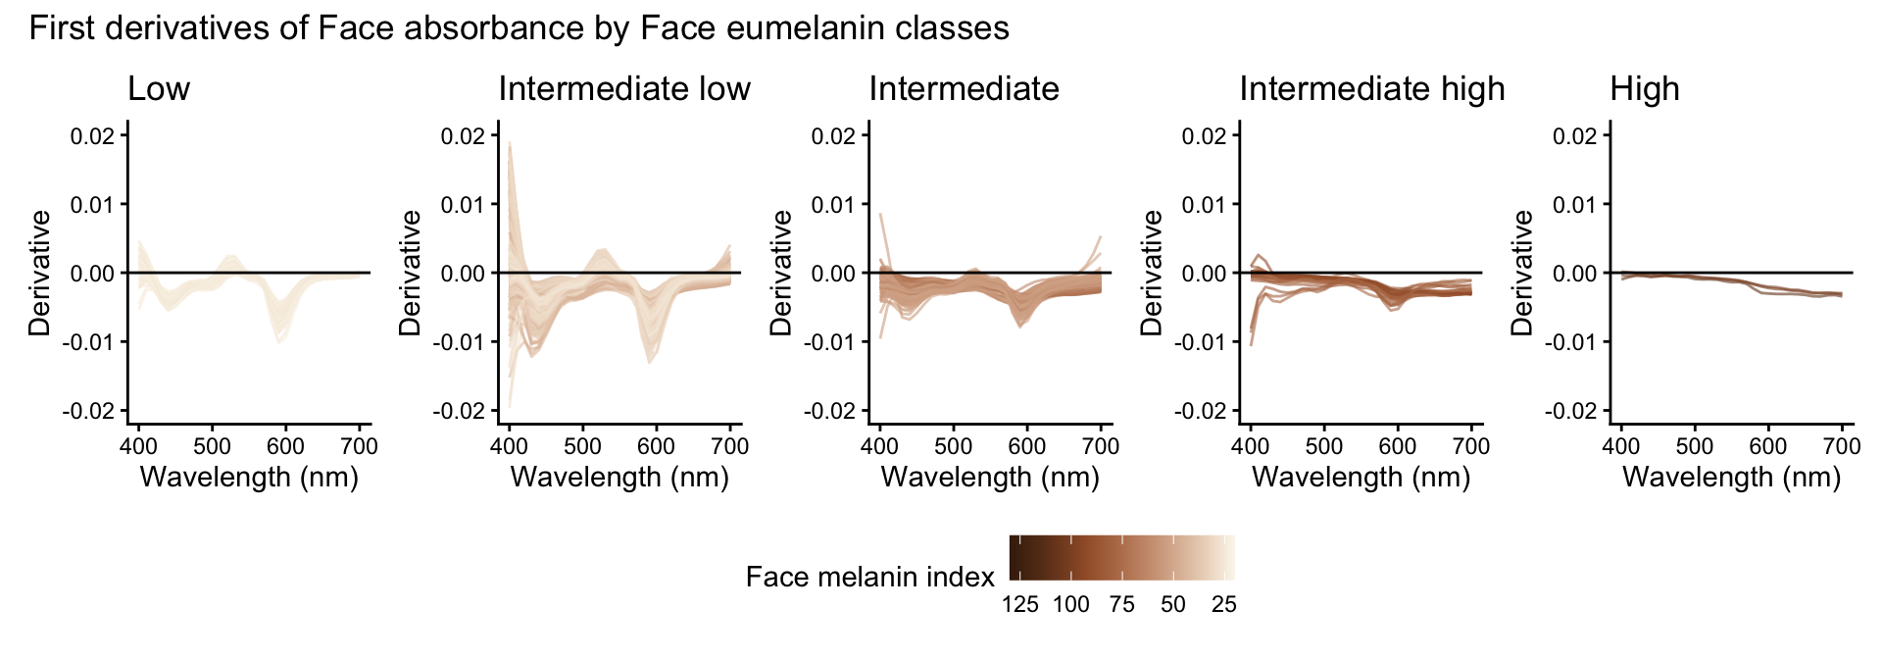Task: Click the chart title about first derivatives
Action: tap(519, 27)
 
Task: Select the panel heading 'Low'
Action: tap(159, 89)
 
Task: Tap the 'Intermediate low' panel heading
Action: tap(623, 89)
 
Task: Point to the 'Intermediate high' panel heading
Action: tap(1371, 89)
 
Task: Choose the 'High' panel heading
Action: tap(1644, 89)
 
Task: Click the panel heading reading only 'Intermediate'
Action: tap(964, 89)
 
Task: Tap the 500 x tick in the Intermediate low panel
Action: tap(582, 446)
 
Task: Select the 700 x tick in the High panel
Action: tap(1842, 446)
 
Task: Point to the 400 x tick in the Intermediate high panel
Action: tap(1251, 446)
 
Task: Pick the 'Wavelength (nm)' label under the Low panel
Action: tap(249, 478)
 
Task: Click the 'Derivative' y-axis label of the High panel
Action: tap(1522, 273)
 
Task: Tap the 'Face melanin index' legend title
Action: tap(869, 577)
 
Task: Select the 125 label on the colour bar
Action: tap(1019, 604)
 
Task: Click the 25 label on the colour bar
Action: tap(1223, 604)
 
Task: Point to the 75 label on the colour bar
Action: tap(1121, 604)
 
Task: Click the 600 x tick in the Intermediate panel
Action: tap(1027, 446)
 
